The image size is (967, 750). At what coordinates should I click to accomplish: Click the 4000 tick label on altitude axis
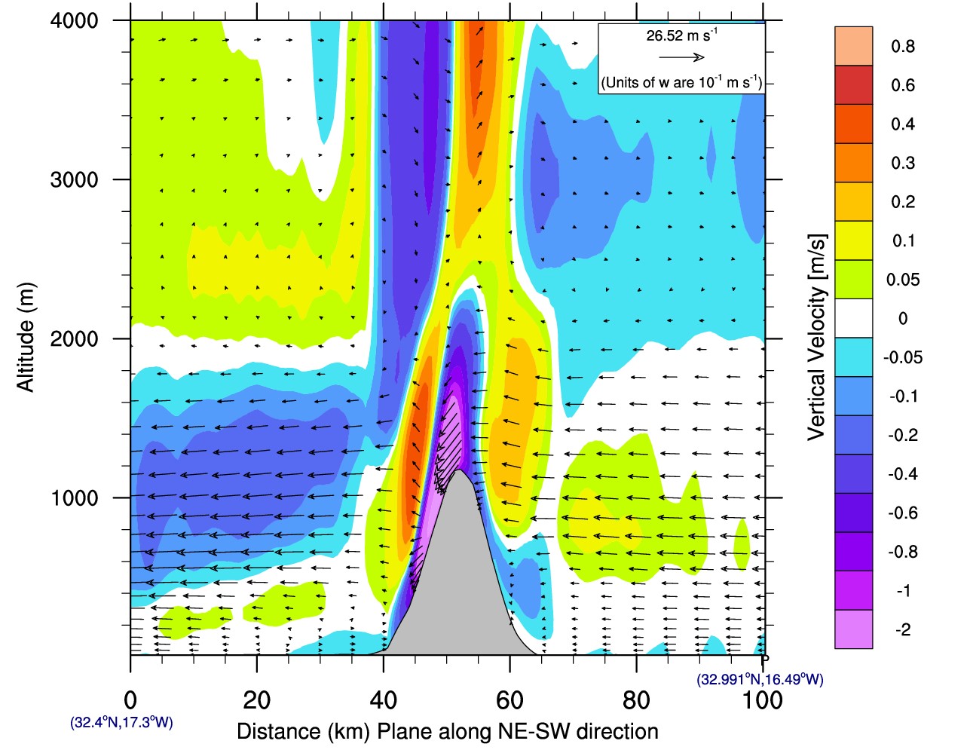coord(74,20)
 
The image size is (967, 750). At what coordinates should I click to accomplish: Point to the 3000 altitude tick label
coord(74,179)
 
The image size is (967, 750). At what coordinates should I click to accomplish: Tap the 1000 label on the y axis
coord(74,497)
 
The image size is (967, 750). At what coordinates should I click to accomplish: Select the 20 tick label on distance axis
coord(256,700)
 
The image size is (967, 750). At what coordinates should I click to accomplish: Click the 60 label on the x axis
coord(510,700)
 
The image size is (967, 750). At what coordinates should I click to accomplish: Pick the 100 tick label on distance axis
coord(762,700)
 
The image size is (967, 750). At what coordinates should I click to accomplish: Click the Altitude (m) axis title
coord(26,337)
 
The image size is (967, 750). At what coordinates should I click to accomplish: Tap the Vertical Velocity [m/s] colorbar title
coord(817,337)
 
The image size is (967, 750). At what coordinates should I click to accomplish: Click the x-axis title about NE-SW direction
coord(447,731)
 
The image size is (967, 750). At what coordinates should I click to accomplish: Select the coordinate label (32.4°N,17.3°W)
coord(121,722)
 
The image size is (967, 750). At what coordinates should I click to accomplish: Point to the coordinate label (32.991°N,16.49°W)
coord(760,679)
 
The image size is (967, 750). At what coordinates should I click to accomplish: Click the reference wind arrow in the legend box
coord(681,57)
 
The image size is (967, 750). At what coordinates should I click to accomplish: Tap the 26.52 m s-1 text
coord(681,35)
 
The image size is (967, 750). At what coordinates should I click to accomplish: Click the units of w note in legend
coord(681,82)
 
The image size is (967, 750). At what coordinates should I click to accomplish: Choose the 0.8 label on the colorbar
coord(902,46)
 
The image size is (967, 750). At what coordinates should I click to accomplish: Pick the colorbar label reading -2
coord(902,629)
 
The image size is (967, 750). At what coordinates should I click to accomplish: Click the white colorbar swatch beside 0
coord(853,318)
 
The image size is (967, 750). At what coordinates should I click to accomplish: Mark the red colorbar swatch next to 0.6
coord(853,85)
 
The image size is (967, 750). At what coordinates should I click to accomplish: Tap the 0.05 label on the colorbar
coord(902,280)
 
